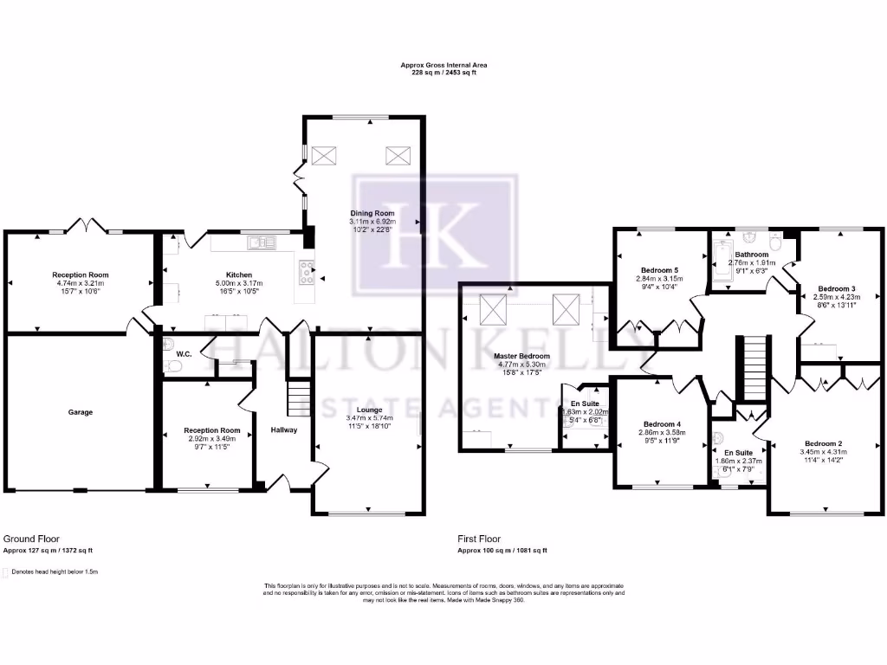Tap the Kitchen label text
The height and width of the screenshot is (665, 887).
[239, 274]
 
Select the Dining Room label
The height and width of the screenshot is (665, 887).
[372, 213]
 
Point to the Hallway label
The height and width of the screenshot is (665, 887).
[283, 429]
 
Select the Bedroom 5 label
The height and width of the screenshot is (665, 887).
[659, 269]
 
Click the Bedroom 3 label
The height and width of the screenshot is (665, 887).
[837, 288]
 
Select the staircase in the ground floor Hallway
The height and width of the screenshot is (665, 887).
[299, 399]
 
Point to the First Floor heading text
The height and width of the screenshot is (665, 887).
[480, 539]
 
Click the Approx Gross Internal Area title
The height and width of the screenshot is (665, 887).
[443, 65]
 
